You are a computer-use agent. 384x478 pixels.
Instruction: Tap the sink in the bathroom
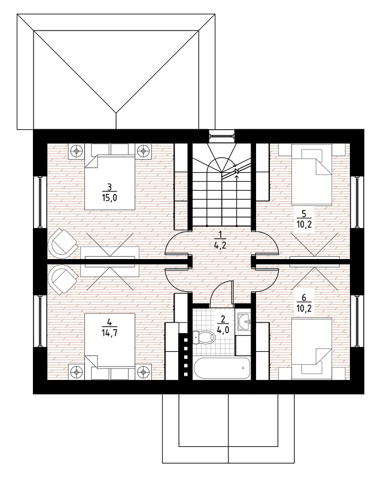(x=244, y=321)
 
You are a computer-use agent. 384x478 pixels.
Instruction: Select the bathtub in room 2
(x=221, y=369)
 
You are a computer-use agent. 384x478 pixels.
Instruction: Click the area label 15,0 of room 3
(x=109, y=198)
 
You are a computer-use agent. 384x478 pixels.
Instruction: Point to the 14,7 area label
(x=109, y=333)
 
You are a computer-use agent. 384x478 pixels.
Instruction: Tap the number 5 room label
(x=304, y=213)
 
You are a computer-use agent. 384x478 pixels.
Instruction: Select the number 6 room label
(x=304, y=297)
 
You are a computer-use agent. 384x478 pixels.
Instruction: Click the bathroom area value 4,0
(x=223, y=330)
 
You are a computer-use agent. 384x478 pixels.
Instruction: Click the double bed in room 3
(x=109, y=176)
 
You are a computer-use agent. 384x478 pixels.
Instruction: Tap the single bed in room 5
(x=312, y=174)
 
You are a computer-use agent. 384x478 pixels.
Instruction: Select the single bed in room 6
(x=312, y=349)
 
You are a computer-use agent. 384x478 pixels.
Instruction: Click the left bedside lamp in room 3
(x=76, y=151)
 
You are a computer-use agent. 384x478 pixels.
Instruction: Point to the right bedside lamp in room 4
(x=143, y=372)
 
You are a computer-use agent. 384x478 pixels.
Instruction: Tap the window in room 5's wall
(x=357, y=202)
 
